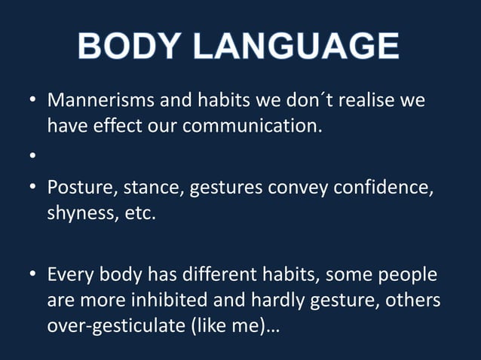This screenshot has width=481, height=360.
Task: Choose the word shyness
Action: point(79,212)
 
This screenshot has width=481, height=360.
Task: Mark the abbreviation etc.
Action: point(138,212)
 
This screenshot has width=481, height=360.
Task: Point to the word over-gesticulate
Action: point(112,325)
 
